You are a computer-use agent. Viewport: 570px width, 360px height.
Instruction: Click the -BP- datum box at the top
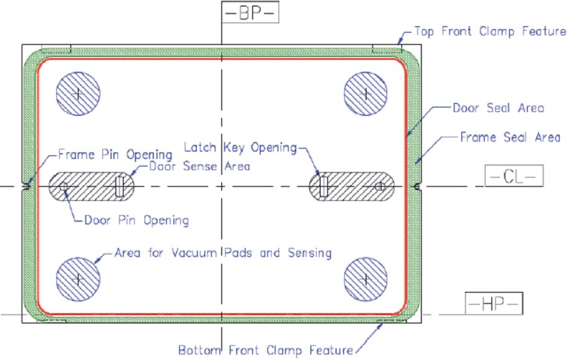click(250, 12)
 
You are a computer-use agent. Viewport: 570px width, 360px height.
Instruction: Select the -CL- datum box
click(514, 176)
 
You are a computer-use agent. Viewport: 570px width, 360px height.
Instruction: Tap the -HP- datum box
click(494, 303)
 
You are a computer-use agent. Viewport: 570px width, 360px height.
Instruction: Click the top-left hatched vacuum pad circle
click(78, 94)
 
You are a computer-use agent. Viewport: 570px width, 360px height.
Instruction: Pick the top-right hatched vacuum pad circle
click(366, 94)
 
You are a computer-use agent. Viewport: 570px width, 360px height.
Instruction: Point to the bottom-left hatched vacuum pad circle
click(78, 280)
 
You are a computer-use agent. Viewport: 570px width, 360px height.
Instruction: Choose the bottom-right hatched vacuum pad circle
click(366, 280)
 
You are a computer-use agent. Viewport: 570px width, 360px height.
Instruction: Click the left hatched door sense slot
click(91, 186)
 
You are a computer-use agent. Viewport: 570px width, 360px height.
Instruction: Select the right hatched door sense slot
click(352, 186)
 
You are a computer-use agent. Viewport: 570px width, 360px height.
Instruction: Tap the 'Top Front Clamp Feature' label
click(490, 32)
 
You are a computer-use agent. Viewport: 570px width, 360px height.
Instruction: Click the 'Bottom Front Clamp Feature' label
click(266, 350)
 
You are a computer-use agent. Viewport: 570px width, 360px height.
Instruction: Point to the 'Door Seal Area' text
click(498, 108)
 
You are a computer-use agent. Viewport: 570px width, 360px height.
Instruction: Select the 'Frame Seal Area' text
click(510, 137)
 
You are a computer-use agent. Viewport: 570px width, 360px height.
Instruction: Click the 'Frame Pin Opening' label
click(115, 155)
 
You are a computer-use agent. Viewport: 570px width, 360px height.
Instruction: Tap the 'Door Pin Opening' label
click(137, 220)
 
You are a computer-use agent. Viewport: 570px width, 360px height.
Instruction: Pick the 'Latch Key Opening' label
click(240, 147)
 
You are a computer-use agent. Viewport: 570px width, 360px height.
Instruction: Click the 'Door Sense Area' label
click(199, 166)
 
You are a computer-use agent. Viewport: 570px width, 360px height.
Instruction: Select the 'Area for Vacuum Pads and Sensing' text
click(223, 252)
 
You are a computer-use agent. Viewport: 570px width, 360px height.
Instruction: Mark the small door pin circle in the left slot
click(63, 186)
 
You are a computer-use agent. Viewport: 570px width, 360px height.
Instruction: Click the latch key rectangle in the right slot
click(324, 186)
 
